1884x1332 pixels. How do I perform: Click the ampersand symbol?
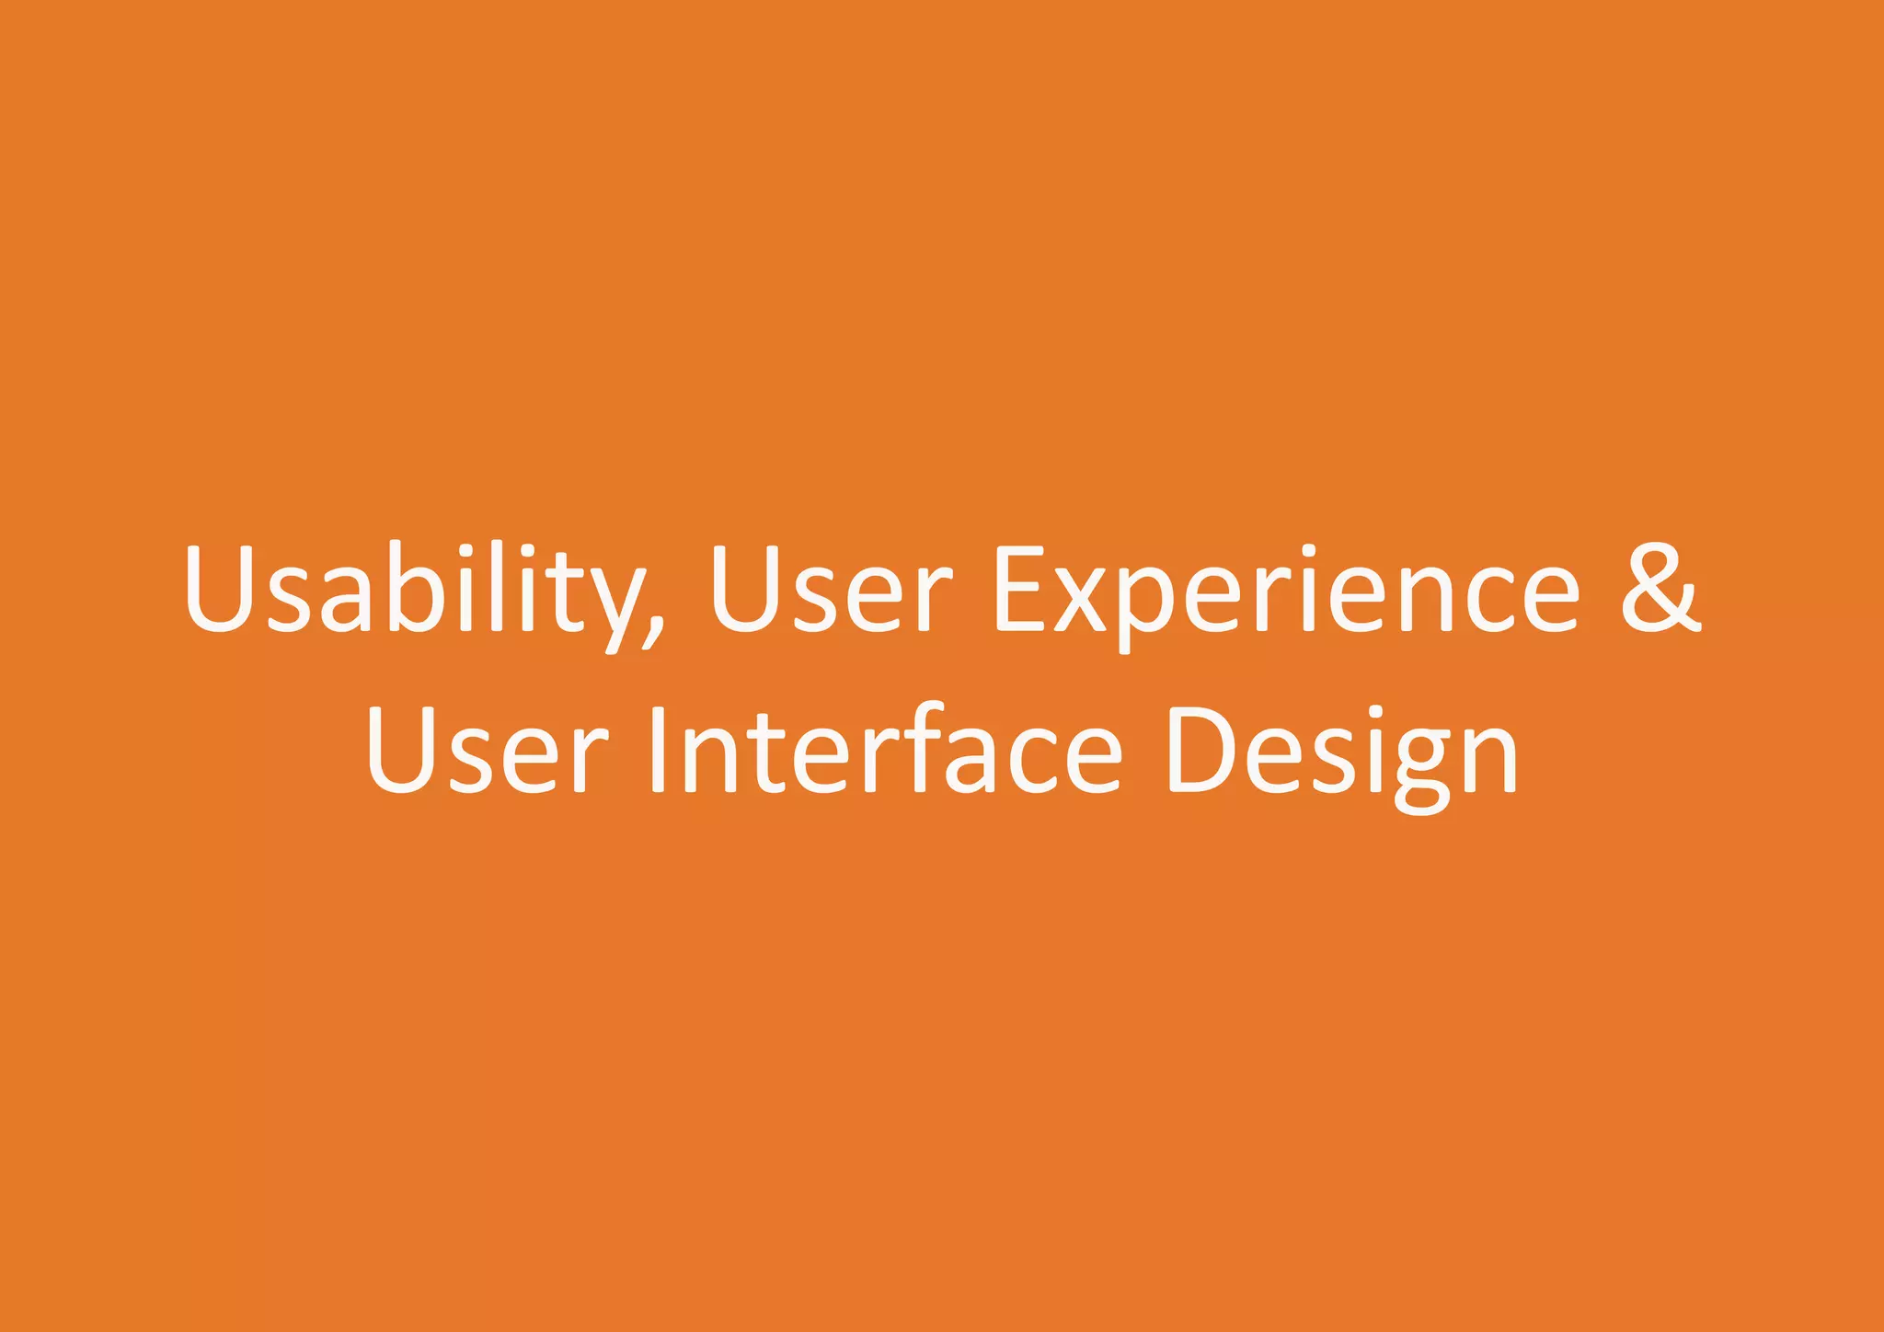point(1660,589)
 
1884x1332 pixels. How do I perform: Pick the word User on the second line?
point(488,750)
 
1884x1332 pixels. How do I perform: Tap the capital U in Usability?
point(218,589)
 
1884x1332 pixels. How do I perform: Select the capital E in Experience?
point(1021,589)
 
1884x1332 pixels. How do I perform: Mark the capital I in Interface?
point(657,750)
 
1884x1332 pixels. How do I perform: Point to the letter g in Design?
point(1422,768)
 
